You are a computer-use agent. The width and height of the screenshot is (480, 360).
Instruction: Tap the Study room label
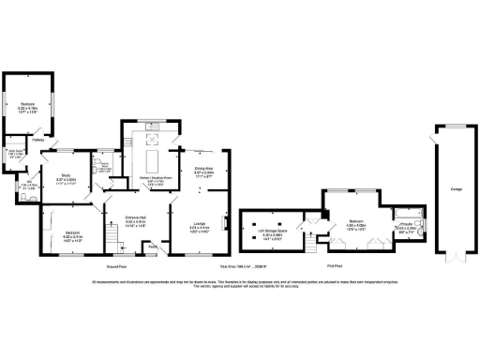click(67, 174)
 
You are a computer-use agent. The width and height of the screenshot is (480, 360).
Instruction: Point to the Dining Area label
click(205, 169)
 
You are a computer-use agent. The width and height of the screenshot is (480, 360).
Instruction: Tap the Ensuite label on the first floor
click(409, 224)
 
